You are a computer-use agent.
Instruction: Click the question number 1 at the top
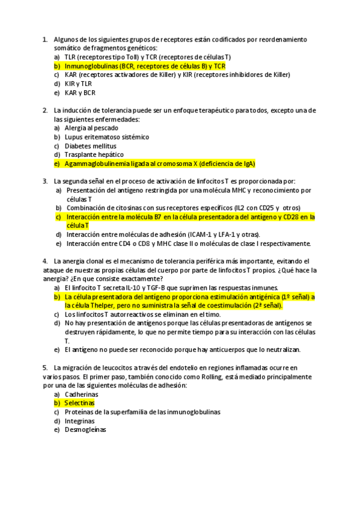tap(45, 40)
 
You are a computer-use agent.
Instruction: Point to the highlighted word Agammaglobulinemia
tap(99, 164)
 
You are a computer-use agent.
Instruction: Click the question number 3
tap(45, 181)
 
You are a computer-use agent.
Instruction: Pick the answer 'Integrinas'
tap(80, 421)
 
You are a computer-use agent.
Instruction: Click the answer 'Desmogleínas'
tap(85, 430)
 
